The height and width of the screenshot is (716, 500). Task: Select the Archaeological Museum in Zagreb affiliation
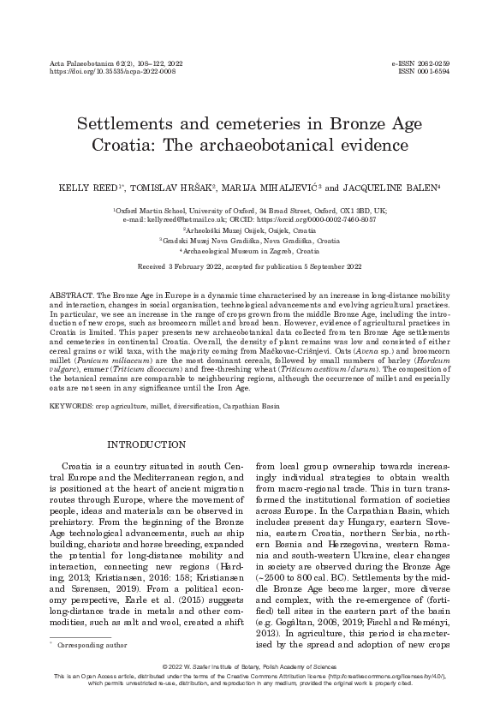pos(249,252)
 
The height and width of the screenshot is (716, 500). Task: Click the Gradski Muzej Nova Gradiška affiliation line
pos(249,241)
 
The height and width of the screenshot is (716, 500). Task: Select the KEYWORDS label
pos(72,402)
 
